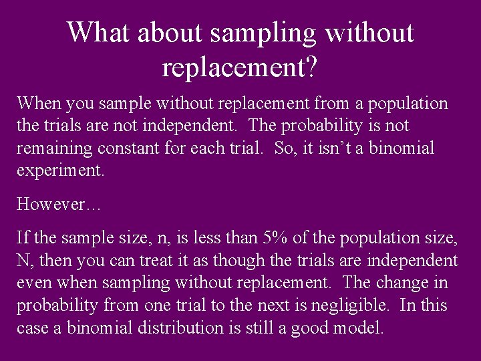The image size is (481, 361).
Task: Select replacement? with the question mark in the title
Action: pos(240,67)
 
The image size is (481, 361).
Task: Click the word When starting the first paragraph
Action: pos(37,104)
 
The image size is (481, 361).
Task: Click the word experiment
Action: pos(60,170)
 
